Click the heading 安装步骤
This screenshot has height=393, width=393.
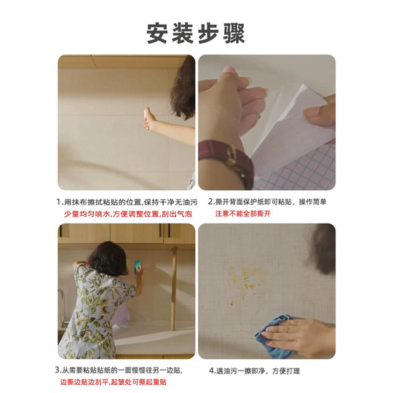[x=196, y=33]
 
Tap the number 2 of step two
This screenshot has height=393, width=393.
[x=210, y=202]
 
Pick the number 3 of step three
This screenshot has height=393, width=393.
[x=57, y=370]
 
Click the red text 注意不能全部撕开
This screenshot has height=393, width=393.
[x=242, y=214]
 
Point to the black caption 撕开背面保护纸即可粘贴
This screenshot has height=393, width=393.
[x=255, y=202]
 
